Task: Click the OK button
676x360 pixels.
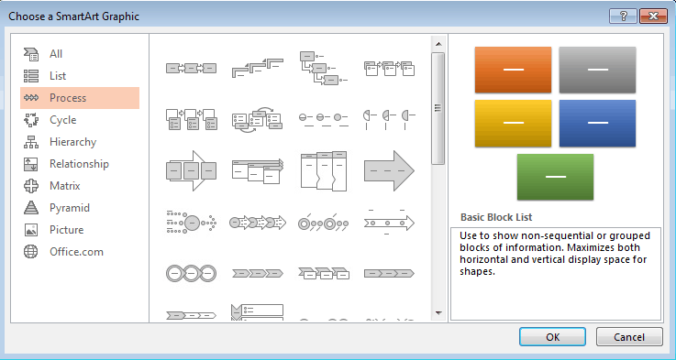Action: pos(552,336)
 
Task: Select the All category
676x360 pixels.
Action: pos(56,54)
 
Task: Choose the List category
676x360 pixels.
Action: pos(58,76)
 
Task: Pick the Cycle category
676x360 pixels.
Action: pos(62,120)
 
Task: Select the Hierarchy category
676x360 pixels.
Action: pos(72,142)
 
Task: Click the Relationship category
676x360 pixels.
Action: pos(79,164)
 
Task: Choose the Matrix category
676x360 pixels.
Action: pos(65,186)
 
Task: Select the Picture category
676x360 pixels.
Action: pos(66,230)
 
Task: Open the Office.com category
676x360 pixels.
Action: pos(76,252)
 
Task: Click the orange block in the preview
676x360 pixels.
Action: pos(513,70)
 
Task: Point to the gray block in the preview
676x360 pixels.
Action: pos(597,70)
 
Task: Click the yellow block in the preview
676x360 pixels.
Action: pos(513,124)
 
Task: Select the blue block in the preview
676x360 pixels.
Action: pos(597,124)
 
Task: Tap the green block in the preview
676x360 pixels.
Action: pos(555,177)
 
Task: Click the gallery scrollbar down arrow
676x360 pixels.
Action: pos(438,314)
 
